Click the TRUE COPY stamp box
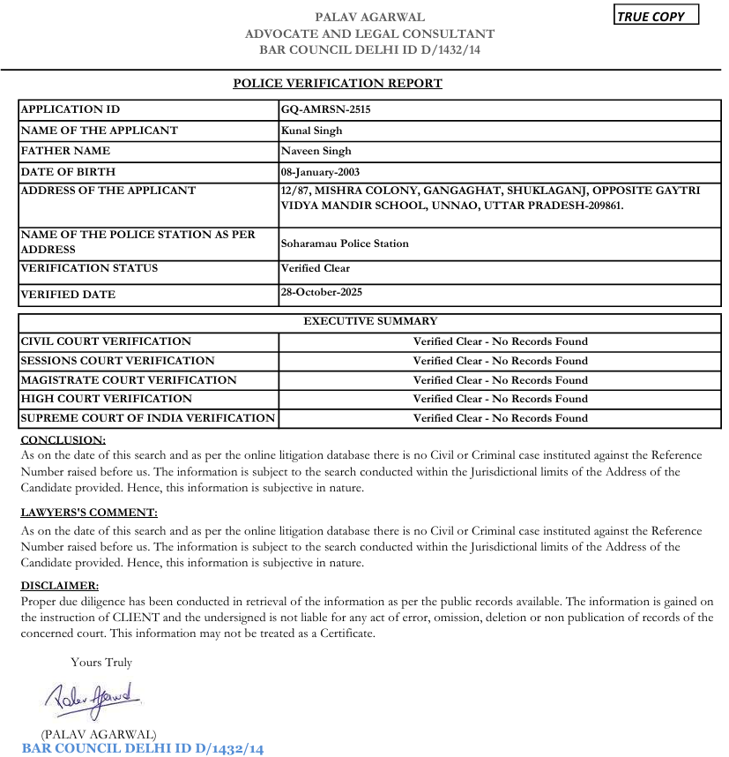[656, 15]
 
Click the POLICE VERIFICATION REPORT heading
[338, 84]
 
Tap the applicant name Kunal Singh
[311, 131]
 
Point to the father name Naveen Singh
[316, 151]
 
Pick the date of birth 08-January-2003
[320, 172]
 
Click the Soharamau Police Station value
[345, 244]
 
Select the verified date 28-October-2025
[321, 292]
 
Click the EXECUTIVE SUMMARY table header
[370, 321]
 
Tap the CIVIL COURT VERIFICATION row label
[106, 341]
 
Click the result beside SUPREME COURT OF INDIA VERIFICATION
[500, 418]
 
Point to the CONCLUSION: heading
[63, 439]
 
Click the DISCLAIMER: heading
[60, 586]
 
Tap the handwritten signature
[93, 701]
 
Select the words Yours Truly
[101, 663]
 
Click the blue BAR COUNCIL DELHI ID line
[143, 749]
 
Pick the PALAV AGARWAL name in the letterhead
[370, 17]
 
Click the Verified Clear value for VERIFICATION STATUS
[316, 268]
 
